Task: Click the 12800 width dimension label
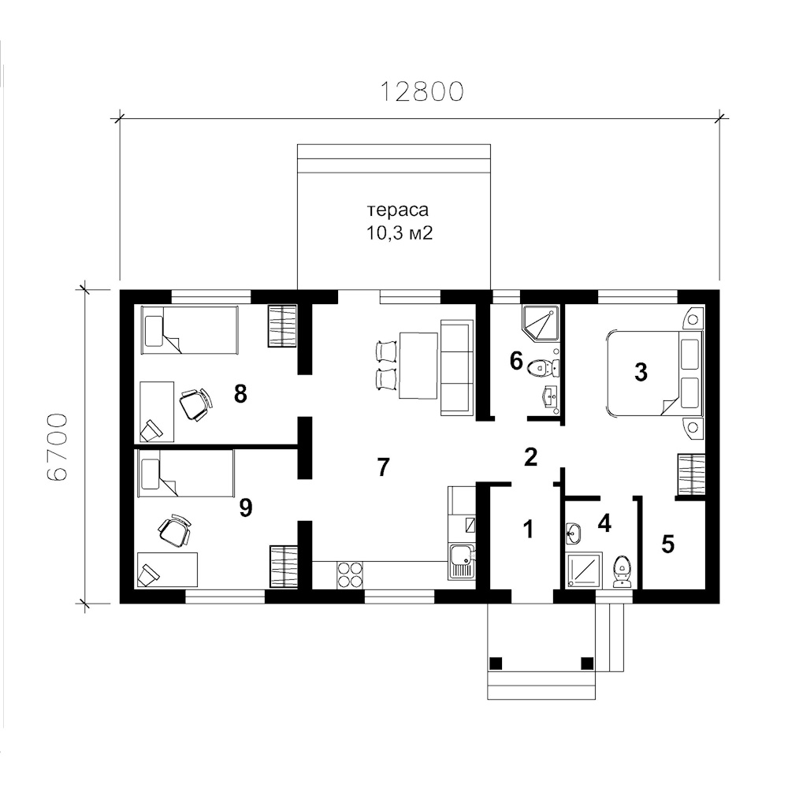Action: (x=421, y=91)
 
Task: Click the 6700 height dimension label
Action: (x=57, y=448)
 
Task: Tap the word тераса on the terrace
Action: (x=398, y=210)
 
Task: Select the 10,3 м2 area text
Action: (x=399, y=233)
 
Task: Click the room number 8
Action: (x=240, y=394)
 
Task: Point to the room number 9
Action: (x=245, y=508)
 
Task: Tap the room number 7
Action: (x=383, y=467)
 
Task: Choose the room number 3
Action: (x=641, y=373)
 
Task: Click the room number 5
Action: (x=668, y=544)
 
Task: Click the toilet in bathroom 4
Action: (x=623, y=572)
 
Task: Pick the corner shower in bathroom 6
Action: (x=541, y=322)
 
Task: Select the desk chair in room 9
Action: (x=175, y=530)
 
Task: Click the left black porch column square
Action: (x=496, y=663)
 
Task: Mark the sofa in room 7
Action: (x=457, y=367)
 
